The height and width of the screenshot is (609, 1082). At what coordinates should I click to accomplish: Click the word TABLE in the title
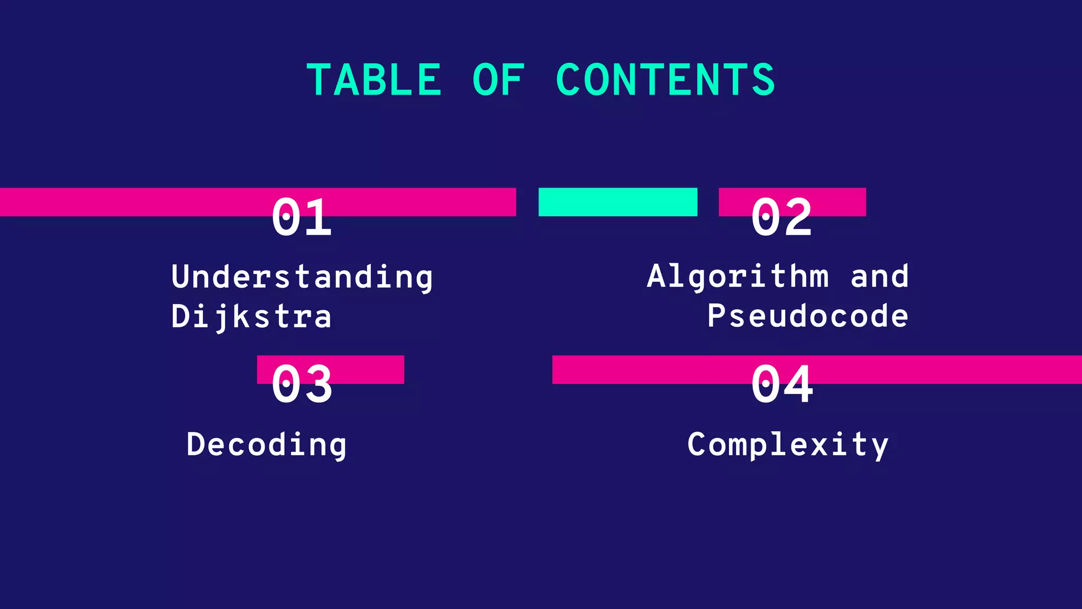[374, 80]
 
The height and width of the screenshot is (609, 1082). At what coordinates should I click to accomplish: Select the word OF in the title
[498, 80]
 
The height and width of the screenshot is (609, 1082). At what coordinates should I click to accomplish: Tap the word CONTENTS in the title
[665, 80]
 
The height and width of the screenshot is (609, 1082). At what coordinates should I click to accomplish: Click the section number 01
[302, 217]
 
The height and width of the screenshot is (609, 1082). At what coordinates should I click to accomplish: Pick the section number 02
[781, 217]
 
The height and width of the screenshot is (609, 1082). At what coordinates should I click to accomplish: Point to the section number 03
[302, 384]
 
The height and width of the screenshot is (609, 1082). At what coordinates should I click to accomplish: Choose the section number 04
[782, 384]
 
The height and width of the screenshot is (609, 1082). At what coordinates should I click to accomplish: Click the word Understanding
[302, 276]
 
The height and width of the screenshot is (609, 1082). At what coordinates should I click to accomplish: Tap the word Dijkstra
[251, 317]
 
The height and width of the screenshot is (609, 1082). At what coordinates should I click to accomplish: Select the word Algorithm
[738, 276]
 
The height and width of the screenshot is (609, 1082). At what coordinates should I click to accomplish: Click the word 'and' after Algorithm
[880, 276]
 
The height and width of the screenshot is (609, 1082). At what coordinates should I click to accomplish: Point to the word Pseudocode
[808, 316]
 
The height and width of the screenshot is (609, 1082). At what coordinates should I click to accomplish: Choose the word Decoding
[266, 445]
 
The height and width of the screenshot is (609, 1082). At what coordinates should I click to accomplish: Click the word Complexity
[788, 445]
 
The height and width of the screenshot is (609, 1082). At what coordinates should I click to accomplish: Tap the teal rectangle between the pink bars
[618, 202]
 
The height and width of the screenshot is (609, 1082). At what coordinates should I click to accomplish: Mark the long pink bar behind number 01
[132, 202]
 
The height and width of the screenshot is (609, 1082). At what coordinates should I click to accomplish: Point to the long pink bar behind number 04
[951, 370]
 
